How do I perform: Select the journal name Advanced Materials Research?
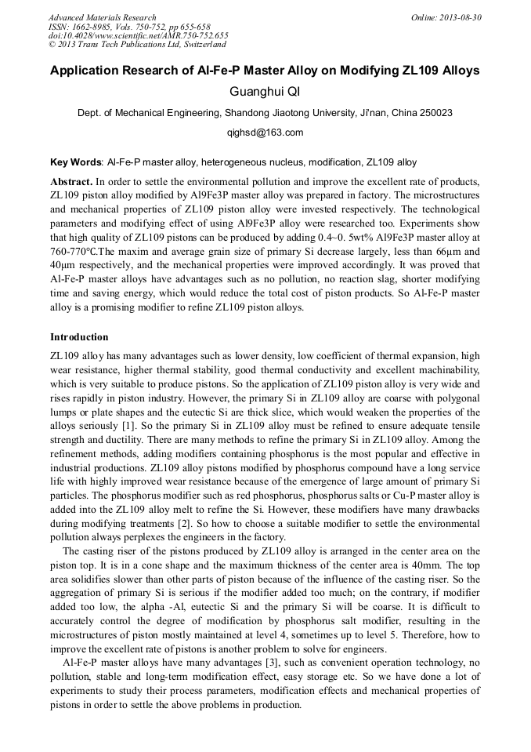(x=102, y=17)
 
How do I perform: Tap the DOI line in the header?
(x=138, y=35)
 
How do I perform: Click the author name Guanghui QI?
(x=265, y=93)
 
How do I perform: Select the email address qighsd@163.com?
(x=265, y=133)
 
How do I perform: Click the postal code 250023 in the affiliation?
(x=435, y=113)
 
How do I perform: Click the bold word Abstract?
(x=71, y=181)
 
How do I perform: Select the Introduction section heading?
(x=79, y=337)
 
